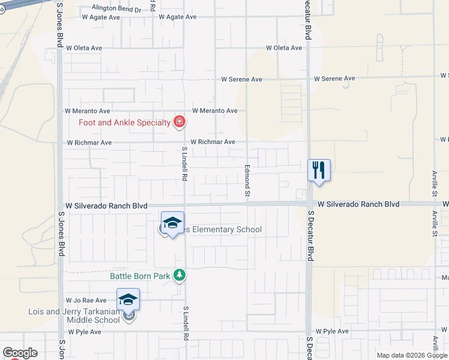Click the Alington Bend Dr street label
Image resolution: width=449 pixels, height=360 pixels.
[116, 10]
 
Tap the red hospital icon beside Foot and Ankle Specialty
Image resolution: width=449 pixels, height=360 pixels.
[179, 122]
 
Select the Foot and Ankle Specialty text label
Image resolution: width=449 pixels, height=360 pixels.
[125, 123]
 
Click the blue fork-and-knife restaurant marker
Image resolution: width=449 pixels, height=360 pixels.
[319, 170]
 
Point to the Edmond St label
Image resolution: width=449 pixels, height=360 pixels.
[247, 179]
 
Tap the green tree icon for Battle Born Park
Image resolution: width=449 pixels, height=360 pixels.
[179, 275]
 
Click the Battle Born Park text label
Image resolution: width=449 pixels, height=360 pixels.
[136, 276]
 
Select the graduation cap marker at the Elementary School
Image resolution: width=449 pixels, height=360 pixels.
[172, 224]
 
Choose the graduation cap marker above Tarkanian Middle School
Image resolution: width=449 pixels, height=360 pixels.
[128, 299]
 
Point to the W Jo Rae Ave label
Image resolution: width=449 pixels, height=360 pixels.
[86, 299]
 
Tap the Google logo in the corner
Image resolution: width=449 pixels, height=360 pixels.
[20, 353]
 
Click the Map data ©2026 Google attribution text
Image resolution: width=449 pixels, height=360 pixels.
[412, 355]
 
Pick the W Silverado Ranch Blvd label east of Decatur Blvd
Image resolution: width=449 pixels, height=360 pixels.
[358, 205]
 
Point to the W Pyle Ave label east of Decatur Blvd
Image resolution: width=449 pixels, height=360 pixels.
[332, 331]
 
